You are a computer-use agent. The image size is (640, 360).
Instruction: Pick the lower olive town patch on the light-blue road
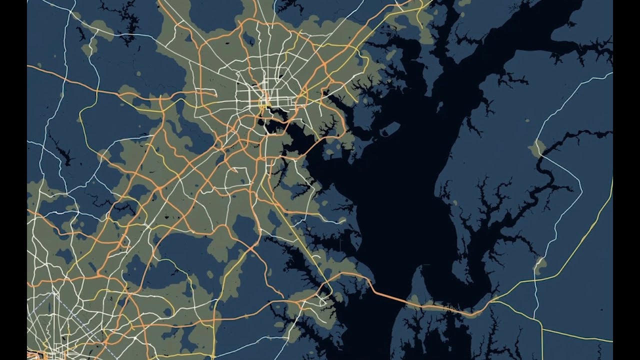(x=540, y=264)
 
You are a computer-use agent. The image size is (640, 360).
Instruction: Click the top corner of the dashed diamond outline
(x=51, y=293)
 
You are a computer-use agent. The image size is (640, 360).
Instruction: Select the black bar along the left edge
(x=13, y=180)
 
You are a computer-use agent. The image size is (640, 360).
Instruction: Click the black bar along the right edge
(x=626, y=180)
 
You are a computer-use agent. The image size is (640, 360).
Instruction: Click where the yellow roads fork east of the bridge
(x=492, y=301)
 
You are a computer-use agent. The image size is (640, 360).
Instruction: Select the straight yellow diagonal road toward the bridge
(x=300, y=250)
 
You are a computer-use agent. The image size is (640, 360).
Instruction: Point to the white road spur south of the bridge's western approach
(x=325, y=300)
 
